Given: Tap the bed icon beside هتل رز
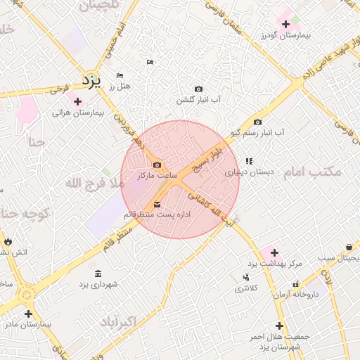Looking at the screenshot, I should pos(120,75).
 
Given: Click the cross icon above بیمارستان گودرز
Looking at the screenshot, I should pos(285,25).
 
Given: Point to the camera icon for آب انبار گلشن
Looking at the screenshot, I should pos(198,89).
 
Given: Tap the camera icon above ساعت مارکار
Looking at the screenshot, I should pos(156,165).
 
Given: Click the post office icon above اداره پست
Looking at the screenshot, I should pos(155,205).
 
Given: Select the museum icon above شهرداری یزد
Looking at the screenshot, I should pos(96,273).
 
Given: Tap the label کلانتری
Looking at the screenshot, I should pos(245,288).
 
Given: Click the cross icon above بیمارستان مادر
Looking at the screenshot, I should pos(28,314).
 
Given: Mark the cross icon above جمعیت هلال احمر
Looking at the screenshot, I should pos(280,326).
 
